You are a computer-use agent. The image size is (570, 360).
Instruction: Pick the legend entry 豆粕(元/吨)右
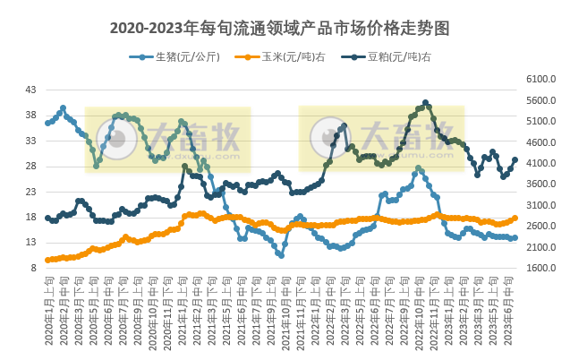pyautogui.click(x=394, y=57)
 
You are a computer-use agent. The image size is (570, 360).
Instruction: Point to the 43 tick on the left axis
pyautogui.click(x=31, y=90)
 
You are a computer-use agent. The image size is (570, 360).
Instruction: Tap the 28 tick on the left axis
pyautogui.click(x=31, y=167)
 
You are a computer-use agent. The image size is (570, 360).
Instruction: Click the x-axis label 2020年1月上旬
pyautogui.click(x=48, y=313)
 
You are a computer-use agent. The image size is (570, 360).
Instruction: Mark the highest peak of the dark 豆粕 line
pyautogui.click(x=425, y=102)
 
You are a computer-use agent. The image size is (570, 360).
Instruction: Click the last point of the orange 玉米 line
pyautogui.click(x=515, y=218)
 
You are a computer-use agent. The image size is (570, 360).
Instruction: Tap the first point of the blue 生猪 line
pyautogui.click(x=47, y=123)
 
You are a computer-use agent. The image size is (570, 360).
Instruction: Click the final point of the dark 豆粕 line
pyautogui.click(x=515, y=160)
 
